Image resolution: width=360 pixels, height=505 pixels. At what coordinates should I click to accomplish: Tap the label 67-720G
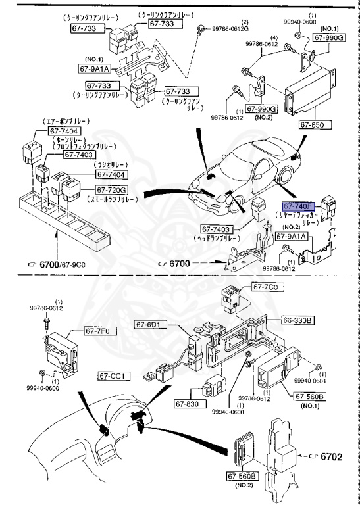tap(112, 191)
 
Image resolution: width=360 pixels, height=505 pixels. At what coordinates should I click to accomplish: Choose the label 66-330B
tap(299, 320)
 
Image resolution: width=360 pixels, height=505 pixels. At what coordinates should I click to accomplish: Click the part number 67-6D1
tap(151, 324)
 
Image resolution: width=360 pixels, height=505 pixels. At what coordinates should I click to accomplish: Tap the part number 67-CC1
tap(115, 376)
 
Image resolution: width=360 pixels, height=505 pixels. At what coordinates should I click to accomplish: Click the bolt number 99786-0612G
tap(230, 29)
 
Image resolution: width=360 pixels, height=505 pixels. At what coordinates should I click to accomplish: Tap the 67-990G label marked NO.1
tap(328, 38)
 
